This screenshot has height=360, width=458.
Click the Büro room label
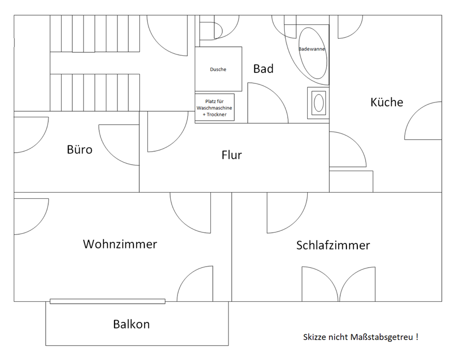click(x=80, y=150)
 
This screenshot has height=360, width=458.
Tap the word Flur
click(x=232, y=155)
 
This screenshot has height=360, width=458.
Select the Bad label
click(x=263, y=69)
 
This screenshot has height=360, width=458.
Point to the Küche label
click(x=387, y=102)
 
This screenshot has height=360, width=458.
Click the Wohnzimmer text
click(x=120, y=244)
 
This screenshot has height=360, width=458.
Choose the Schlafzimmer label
click(x=333, y=245)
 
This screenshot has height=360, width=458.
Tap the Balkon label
click(x=132, y=324)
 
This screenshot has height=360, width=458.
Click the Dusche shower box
click(x=219, y=69)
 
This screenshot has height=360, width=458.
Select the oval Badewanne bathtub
click(x=312, y=53)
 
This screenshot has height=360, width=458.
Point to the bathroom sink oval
click(x=319, y=103)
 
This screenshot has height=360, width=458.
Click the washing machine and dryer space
click(x=215, y=107)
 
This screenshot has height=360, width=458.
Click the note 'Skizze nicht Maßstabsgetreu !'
click(x=361, y=337)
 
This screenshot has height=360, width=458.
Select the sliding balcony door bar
click(x=107, y=301)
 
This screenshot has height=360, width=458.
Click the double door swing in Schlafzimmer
click(x=339, y=284)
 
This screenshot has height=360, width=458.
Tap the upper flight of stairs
click(x=94, y=33)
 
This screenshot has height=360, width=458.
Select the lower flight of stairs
click(x=94, y=93)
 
